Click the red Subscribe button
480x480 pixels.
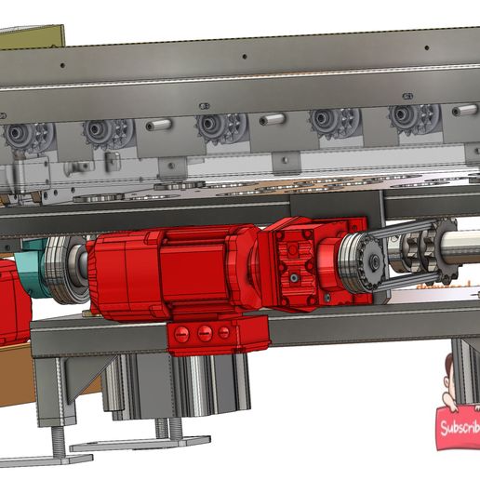pyautogui.click(x=459, y=428)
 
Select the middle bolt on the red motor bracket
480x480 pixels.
pyautogui.click(x=205, y=333)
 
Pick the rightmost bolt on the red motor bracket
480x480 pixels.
pyautogui.click(x=224, y=332)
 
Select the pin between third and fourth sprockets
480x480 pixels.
pyautogui.click(x=272, y=119)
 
